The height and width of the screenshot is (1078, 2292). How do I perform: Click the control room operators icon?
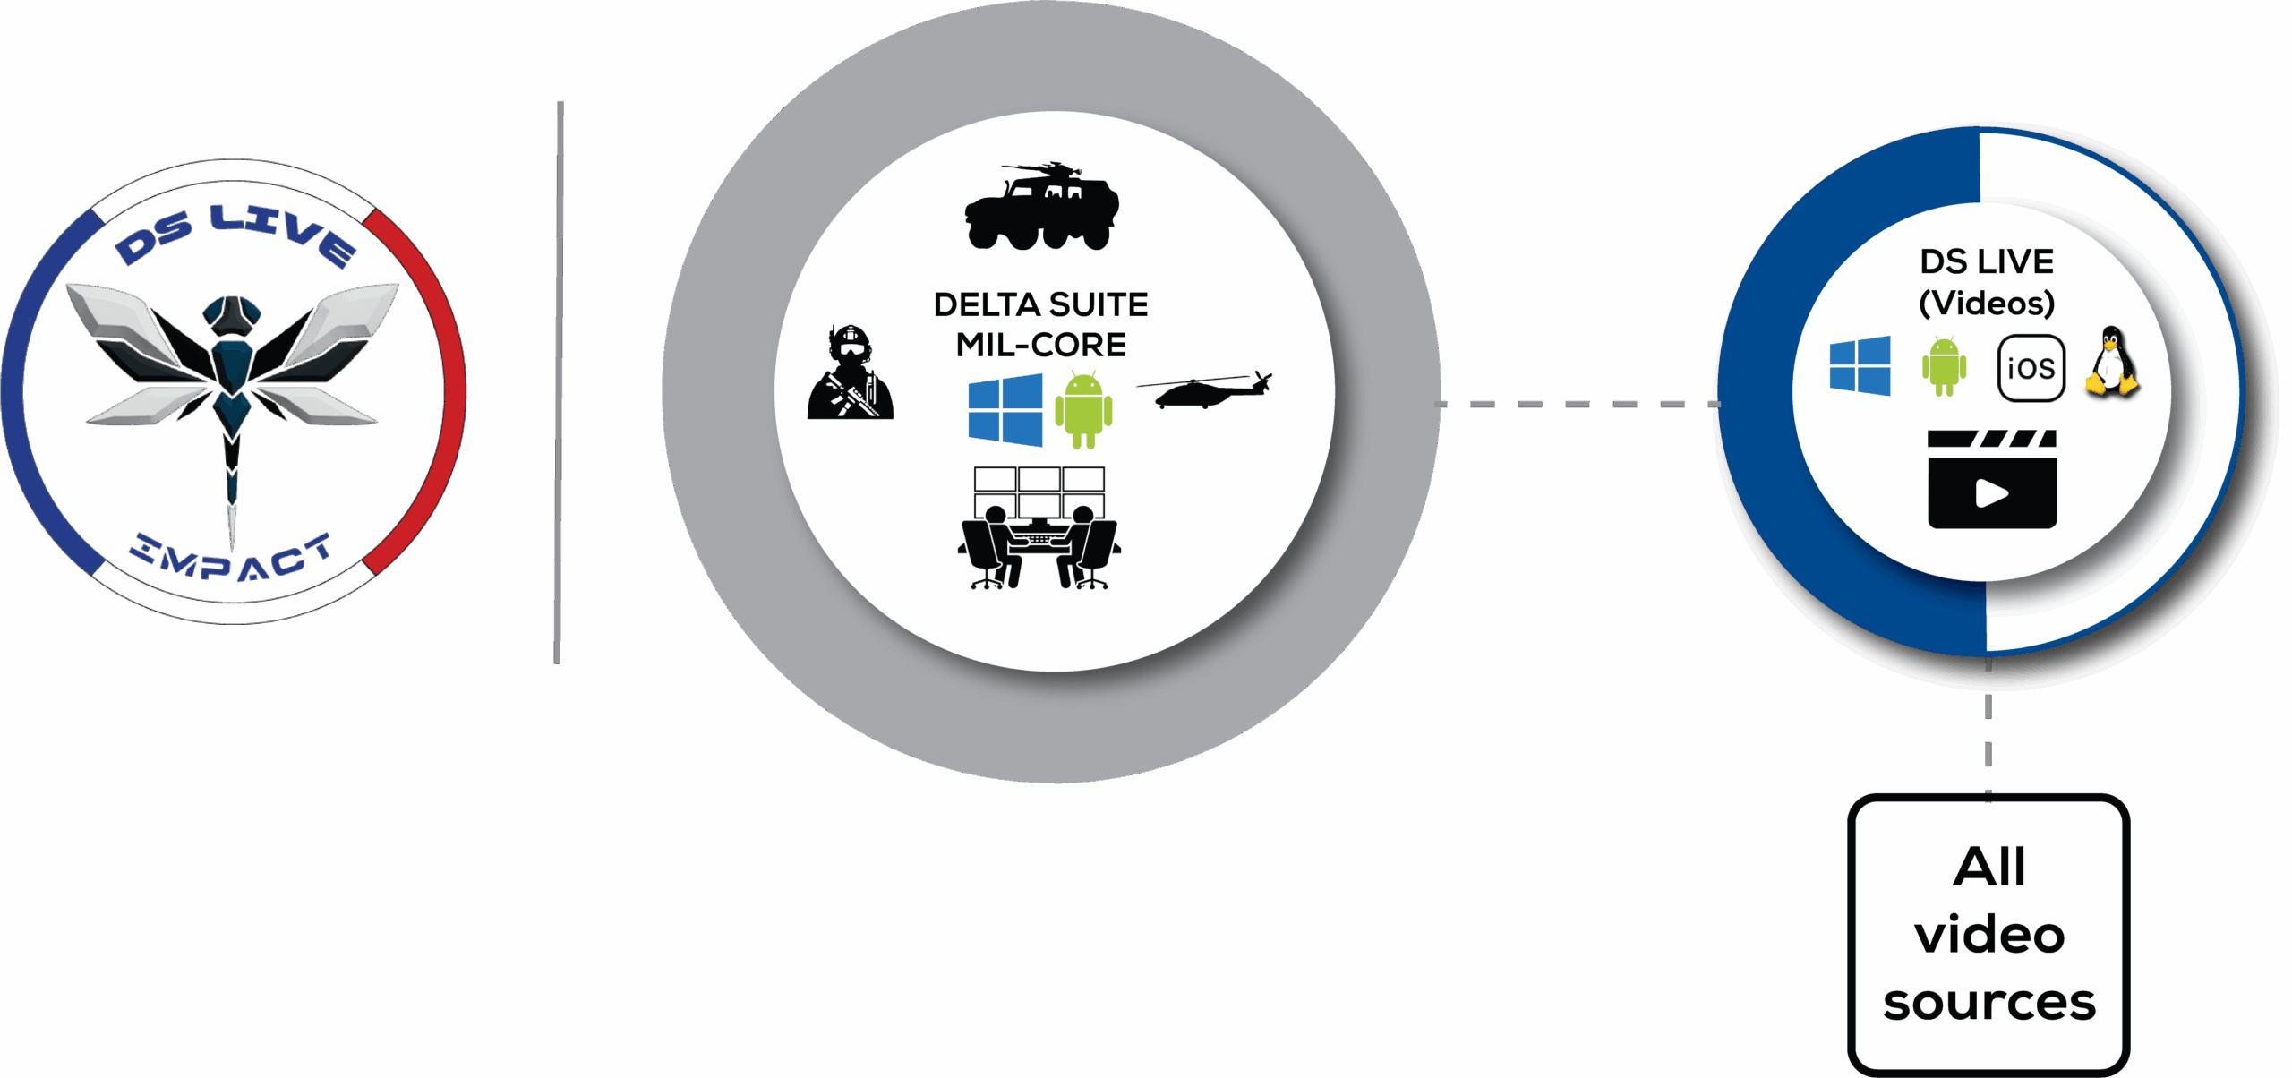tap(1039, 528)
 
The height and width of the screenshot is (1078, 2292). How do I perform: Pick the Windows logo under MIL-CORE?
tap(1005, 410)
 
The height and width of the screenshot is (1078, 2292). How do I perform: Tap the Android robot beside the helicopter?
tap(1083, 410)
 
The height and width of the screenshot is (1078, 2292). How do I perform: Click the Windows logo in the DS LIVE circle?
tap(1860, 365)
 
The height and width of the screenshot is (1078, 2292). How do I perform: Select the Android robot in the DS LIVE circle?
tap(1944, 366)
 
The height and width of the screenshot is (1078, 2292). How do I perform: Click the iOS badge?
tap(2031, 368)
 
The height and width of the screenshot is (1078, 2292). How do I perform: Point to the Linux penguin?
tap(2112, 362)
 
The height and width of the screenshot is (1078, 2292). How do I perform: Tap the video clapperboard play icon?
tap(1991, 480)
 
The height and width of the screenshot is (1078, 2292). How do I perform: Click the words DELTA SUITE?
tap(1040, 305)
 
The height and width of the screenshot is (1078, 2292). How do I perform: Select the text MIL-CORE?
tap(1040, 345)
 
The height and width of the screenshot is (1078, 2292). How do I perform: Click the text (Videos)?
tap(1986, 303)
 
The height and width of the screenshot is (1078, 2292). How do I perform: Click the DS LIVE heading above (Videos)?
tap(1986, 261)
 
